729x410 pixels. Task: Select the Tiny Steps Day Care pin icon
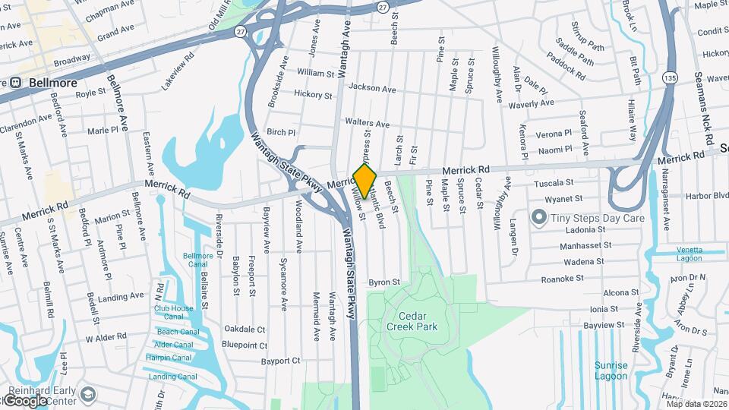[x=539, y=218]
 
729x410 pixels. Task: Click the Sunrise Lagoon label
[x=611, y=370]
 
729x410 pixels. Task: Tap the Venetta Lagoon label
[x=680, y=254]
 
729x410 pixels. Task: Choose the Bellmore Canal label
[x=197, y=260]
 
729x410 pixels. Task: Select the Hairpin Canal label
[x=169, y=358]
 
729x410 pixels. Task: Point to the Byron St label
[x=384, y=282]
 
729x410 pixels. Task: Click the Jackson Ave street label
[x=373, y=89]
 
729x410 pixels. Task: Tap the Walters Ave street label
[x=367, y=123]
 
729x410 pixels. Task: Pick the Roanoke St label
[x=562, y=279]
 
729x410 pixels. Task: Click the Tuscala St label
[x=553, y=183]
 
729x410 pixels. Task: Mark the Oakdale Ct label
[x=245, y=329]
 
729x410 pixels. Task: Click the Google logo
[x=27, y=400]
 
